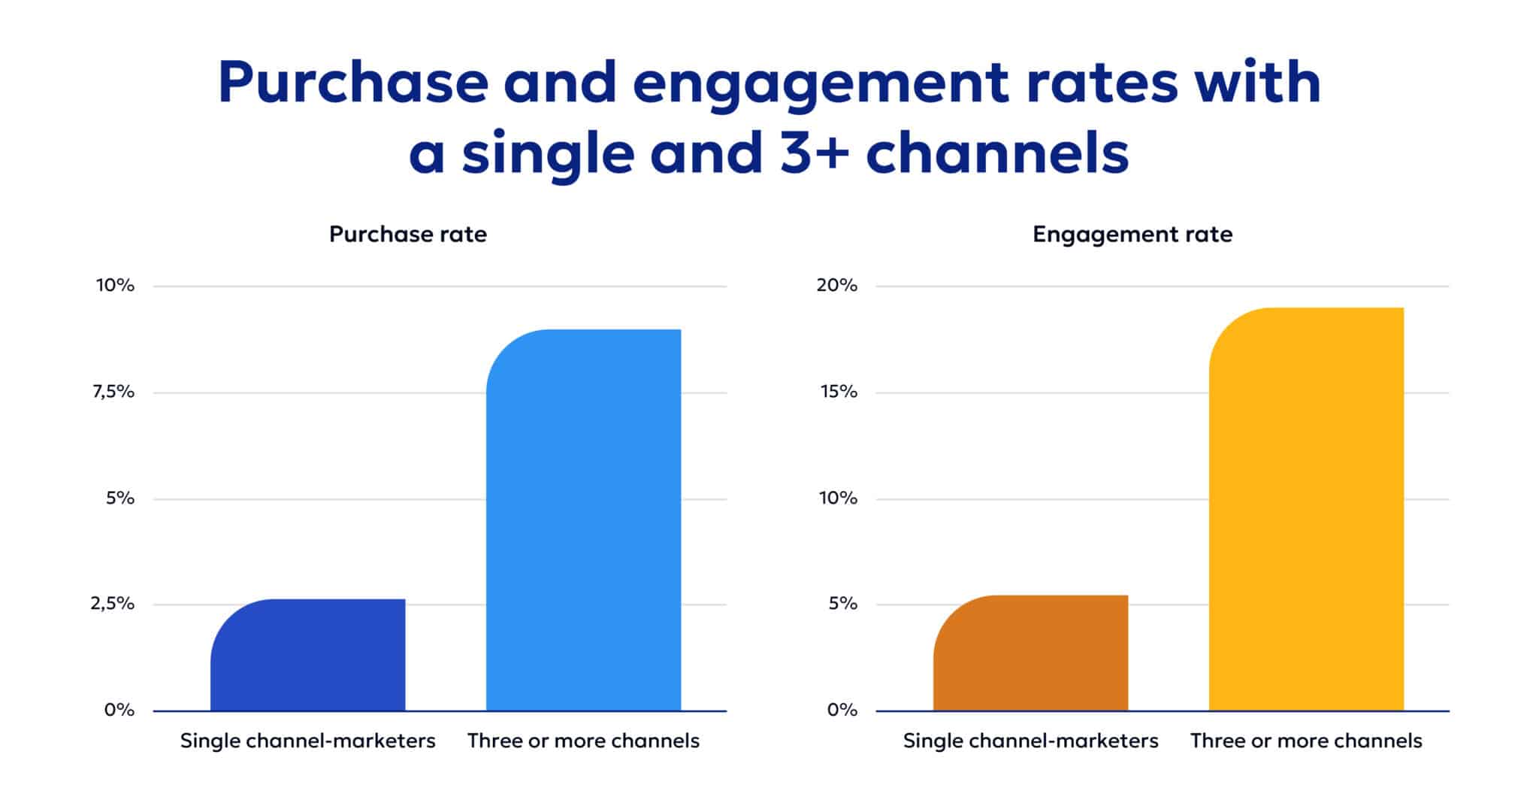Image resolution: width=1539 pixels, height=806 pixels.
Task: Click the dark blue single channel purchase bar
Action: (x=308, y=656)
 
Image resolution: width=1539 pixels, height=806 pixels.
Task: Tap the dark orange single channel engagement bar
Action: (x=1031, y=653)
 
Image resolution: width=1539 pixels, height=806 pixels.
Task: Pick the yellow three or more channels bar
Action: (x=1306, y=509)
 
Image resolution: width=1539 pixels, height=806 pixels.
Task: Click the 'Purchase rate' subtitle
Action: (x=408, y=235)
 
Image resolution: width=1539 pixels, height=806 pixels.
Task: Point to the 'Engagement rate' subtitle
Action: (x=1132, y=235)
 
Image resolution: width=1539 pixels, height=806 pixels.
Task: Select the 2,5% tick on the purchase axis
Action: (x=113, y=604)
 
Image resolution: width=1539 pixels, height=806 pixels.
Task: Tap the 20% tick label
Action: (x=837, y=286)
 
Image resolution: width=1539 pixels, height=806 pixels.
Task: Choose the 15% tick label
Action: (x=838, y=392)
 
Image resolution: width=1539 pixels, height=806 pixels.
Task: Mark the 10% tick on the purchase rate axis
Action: (x=115, y=286)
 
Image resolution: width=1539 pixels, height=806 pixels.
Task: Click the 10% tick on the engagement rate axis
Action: (x=838, y=498)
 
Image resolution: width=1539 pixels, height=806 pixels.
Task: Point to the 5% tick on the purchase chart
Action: (x=120, y=498)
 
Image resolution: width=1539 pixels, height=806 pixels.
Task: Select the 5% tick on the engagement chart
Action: (x=842, y=604)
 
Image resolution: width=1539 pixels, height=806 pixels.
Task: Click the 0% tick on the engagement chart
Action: (x=842, y=710)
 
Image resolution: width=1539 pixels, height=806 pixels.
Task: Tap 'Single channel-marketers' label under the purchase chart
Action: (x=308, y=741)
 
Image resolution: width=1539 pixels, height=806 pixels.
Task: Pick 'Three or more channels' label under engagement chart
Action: (x=1306, y=741)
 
